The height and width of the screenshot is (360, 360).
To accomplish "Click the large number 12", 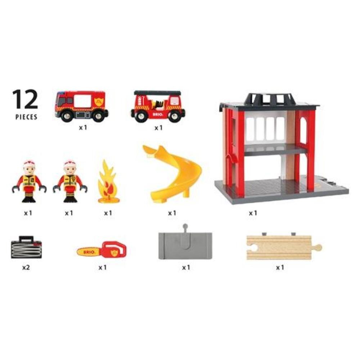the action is coord(25,99).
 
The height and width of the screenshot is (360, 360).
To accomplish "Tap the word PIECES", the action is coord(26,117).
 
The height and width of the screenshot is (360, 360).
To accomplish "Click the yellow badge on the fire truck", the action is coord(99,101).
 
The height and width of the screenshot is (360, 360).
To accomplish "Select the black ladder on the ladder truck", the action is coord(157,93).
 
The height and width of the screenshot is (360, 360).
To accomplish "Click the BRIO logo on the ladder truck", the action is coord(158,114).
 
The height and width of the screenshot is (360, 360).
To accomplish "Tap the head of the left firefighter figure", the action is coord(29,168).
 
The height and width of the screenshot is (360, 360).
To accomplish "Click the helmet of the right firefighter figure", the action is coord(70,163).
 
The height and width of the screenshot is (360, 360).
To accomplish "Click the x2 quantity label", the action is coord(26,267).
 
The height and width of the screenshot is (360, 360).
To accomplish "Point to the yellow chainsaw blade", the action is coord(89,252).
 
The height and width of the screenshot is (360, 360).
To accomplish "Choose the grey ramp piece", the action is coord(185,245).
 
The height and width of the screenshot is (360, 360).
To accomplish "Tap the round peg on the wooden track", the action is coord(318,248).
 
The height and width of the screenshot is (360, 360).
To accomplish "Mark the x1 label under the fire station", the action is coord(253,213).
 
